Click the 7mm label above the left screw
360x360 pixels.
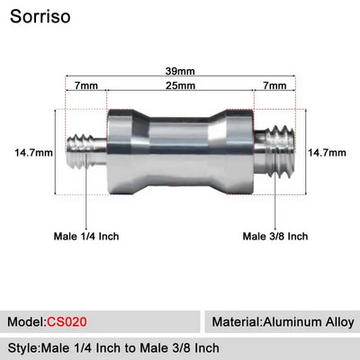point(87,85)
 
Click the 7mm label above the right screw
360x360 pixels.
point(275,85)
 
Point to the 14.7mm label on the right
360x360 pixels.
point(327,153)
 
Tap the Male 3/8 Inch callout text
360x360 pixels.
point(275,237)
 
